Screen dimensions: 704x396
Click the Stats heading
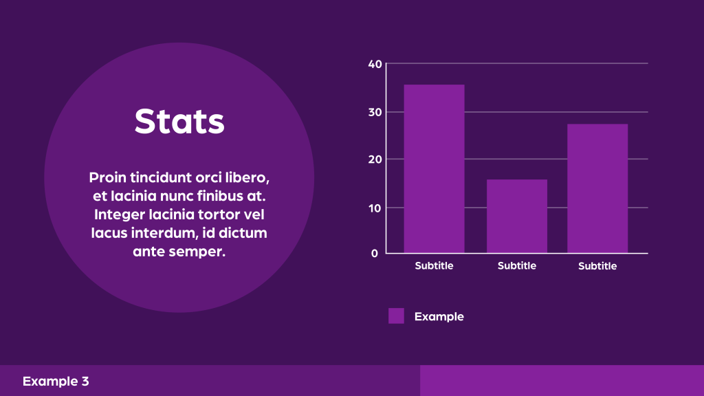pos(179,121)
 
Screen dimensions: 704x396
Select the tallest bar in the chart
pos(434,169)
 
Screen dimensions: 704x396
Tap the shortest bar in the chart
pos(517,217)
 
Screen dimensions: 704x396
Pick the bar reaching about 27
pos(597,188)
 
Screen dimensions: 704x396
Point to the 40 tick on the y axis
pos(375,64)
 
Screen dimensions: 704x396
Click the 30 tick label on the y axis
pos(375,112)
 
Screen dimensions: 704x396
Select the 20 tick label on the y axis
pos(375,159)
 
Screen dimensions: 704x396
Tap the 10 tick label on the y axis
pos(375,208)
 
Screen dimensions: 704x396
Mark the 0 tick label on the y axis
pos(375,253)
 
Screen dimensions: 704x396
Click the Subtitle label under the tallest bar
pos(434,266)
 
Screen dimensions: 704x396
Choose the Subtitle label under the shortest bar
pos(517,266)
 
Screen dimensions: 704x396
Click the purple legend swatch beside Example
pos(396,316)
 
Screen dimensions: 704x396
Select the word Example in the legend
pos(439,317)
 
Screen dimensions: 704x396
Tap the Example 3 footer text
pos(56,381)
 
